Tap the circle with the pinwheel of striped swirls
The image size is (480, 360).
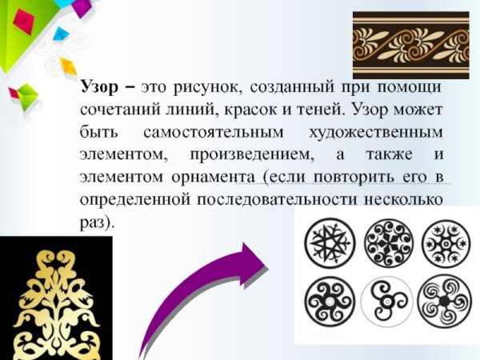tap(444, 302)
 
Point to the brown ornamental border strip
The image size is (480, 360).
tap(410, 44)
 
